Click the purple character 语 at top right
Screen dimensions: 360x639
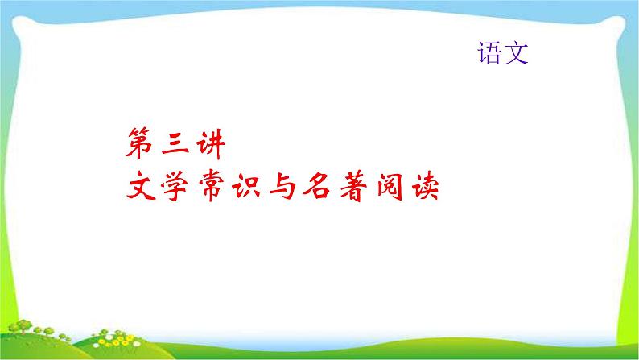point(490,53)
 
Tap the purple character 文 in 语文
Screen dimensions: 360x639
point(516,53)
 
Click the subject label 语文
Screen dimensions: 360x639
point(503,53)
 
